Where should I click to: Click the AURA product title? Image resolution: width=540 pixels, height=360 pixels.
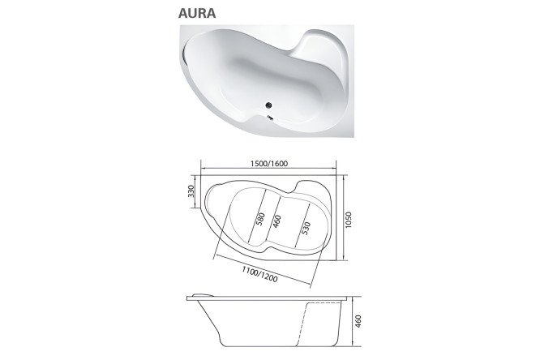tap(197, 13)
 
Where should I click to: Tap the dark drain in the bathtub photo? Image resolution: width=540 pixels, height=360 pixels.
tap(269, 105)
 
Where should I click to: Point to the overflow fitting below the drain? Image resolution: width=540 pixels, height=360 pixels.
tap(270, 118)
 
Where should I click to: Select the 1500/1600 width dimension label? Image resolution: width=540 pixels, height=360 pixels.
tap(269, 163)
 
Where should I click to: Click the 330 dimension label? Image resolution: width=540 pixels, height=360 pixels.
tap(191, 191)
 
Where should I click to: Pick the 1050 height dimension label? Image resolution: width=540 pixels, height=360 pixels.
tap(348, 220)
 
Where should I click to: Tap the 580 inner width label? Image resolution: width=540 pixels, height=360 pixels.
tap(260, 220)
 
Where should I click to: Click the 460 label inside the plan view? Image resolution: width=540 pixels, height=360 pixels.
tap(276, 221)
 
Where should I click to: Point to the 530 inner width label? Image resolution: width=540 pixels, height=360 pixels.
tap(306, 229)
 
